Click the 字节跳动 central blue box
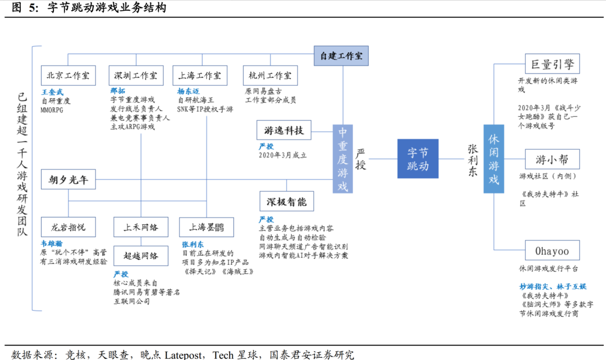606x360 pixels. coord(417,159)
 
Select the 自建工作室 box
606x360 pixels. coord(341,56)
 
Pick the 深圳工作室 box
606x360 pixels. coord(135,76)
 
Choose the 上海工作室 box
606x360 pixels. coord(199,76)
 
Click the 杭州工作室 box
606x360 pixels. coord(270,76)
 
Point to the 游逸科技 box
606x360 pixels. coord(283,130)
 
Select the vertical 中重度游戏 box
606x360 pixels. coord(343,159)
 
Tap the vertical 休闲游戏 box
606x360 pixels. coord(494,159)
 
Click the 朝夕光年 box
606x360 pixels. coord(68,181)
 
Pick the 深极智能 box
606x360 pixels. coord(287,201)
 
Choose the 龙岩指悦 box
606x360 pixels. coord(68,227)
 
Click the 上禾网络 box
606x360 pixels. coord(140,227)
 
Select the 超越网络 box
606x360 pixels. coord(140,256)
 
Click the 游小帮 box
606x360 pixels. coord(552,159)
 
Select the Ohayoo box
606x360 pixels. coord(552,251)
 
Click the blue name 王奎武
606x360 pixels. coord(53,91)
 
